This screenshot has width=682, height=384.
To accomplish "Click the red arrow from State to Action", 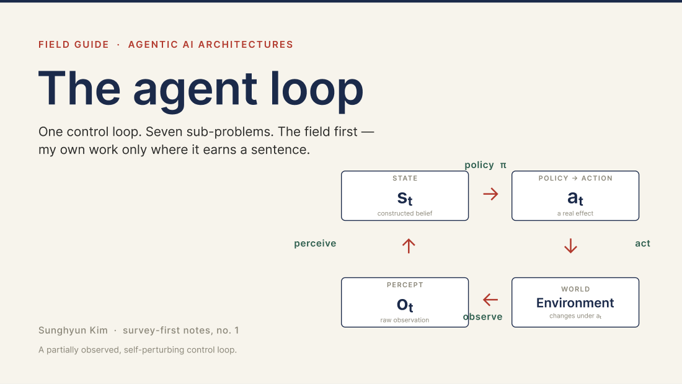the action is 490,194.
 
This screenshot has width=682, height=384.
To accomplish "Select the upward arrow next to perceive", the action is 409,246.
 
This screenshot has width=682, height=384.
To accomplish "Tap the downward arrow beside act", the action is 570,246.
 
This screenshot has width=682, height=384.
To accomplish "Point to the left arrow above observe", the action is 490,300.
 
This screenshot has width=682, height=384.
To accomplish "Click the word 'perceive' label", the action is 315,243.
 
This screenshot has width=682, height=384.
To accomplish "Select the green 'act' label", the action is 642,243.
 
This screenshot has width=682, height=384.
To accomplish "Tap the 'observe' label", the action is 482,316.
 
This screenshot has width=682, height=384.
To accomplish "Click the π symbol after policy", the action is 503,166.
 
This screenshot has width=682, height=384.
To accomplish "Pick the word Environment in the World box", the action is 575,303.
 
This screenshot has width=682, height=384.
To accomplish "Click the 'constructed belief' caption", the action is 404,213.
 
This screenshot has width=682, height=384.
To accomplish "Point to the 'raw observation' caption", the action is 404,320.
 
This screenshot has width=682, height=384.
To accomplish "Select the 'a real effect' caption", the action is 575,213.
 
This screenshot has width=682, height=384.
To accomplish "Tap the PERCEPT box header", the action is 404,285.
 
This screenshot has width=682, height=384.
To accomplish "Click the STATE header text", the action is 404,178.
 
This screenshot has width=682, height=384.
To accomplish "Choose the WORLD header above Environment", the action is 575,289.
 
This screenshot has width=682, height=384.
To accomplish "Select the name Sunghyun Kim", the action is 73,331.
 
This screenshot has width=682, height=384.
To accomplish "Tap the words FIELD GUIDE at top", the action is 74,45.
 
